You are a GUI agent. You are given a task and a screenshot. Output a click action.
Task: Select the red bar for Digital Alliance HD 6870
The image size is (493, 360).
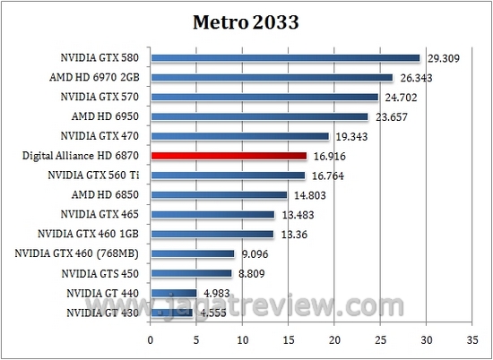tap(229, 156)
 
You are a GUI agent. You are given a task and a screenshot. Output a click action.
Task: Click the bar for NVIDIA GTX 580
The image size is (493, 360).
tap(285, 58)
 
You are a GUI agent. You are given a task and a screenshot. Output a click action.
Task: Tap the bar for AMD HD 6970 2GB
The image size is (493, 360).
tap(272, 78)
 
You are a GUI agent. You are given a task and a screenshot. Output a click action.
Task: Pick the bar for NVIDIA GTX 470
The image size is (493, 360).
tap(239, 136)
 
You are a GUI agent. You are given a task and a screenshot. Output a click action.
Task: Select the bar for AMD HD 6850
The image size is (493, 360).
tap(219, 194)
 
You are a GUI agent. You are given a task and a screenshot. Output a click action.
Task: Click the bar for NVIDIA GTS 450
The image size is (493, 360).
tap(191, 272)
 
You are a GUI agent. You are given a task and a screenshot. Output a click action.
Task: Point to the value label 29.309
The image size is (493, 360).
tap(445, 58)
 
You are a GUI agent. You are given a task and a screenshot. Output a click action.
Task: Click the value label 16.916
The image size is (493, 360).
tap(331, 156)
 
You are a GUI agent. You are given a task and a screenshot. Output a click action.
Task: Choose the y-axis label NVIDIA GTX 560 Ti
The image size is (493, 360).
tap(94, 175)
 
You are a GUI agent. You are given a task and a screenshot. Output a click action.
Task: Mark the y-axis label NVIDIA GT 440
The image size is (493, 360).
tap(103, 292)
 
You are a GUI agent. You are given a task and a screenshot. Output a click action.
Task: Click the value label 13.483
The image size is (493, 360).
tap(298, 214)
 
